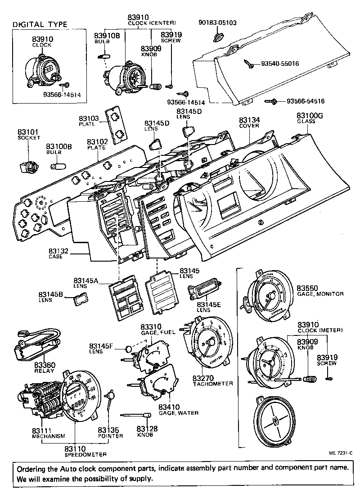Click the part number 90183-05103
coord(217,22)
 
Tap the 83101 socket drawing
coord(27,167)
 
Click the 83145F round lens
coord(129,348)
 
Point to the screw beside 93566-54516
coord(271,102)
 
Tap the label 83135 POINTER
coord(110,433)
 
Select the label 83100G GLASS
coord(310,118)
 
